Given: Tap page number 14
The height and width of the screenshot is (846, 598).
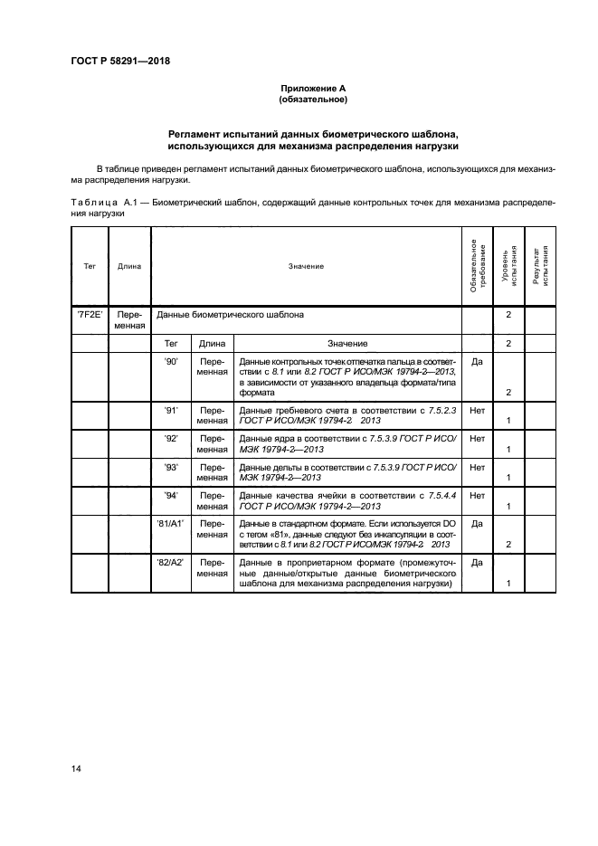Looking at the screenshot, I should tap(76, 768).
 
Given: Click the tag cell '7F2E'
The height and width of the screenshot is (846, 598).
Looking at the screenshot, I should tap(89, 316).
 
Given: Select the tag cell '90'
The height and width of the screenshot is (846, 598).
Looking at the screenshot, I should tap(170, 360).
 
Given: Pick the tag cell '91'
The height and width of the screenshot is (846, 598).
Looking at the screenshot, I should tap(170, 411).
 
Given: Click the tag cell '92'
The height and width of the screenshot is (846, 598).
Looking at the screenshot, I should tap(170, 439).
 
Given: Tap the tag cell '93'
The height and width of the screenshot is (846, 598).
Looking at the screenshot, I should tap(170, 467).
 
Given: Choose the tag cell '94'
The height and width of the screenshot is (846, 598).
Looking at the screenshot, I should tap(170, 495).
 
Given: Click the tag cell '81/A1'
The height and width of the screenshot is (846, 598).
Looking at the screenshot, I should tap(170, 523).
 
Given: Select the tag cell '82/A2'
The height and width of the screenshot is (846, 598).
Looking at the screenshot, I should tap(170, 563).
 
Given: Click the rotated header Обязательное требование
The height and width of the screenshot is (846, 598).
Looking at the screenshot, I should tap(477, 266).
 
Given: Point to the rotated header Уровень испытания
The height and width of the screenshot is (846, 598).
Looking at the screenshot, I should tap(508, 266).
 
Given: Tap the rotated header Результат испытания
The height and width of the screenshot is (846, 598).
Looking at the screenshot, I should tap(540, 266).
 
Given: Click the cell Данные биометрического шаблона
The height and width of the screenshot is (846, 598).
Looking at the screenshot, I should tap(231, 316).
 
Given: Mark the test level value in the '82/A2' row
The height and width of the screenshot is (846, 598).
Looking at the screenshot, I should tap(509, 585).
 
